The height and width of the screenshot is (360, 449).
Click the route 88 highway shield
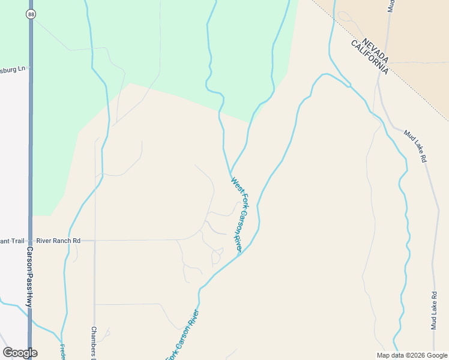coord(31,13)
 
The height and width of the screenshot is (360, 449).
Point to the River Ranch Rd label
coord(58,241)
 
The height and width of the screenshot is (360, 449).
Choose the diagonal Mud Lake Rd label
coord(415,146)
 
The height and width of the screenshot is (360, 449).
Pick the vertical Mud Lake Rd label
coord(434,310)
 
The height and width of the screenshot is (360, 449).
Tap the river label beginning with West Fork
coord(239,214)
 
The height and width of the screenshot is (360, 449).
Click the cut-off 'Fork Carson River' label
coord(182,336)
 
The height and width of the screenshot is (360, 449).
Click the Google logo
coord(20,353)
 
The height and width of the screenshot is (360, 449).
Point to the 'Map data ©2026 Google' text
coord(412,355)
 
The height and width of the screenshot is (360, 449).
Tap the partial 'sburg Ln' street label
coord(13,69)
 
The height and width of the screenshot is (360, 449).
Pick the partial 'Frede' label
coord(62,352)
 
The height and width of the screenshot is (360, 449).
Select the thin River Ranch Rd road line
coord(132,240)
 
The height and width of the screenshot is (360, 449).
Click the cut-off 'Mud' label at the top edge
coord(391,6)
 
